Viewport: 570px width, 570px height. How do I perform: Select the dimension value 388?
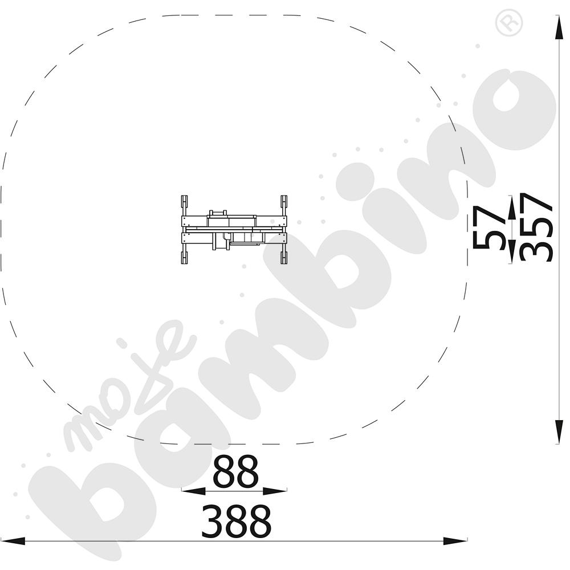point(237,521)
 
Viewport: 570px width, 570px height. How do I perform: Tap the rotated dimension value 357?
point(536,227)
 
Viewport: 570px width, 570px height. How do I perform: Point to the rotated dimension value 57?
point(489,227)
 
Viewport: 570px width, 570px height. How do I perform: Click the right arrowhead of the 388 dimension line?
point(455,540)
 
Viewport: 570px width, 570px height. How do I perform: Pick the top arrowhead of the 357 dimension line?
point(559,27)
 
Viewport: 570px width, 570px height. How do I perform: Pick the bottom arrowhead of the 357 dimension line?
point(559,432)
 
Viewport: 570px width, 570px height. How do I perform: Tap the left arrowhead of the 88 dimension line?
point(193,491)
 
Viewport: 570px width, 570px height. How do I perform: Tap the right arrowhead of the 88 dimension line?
point(275,491)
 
